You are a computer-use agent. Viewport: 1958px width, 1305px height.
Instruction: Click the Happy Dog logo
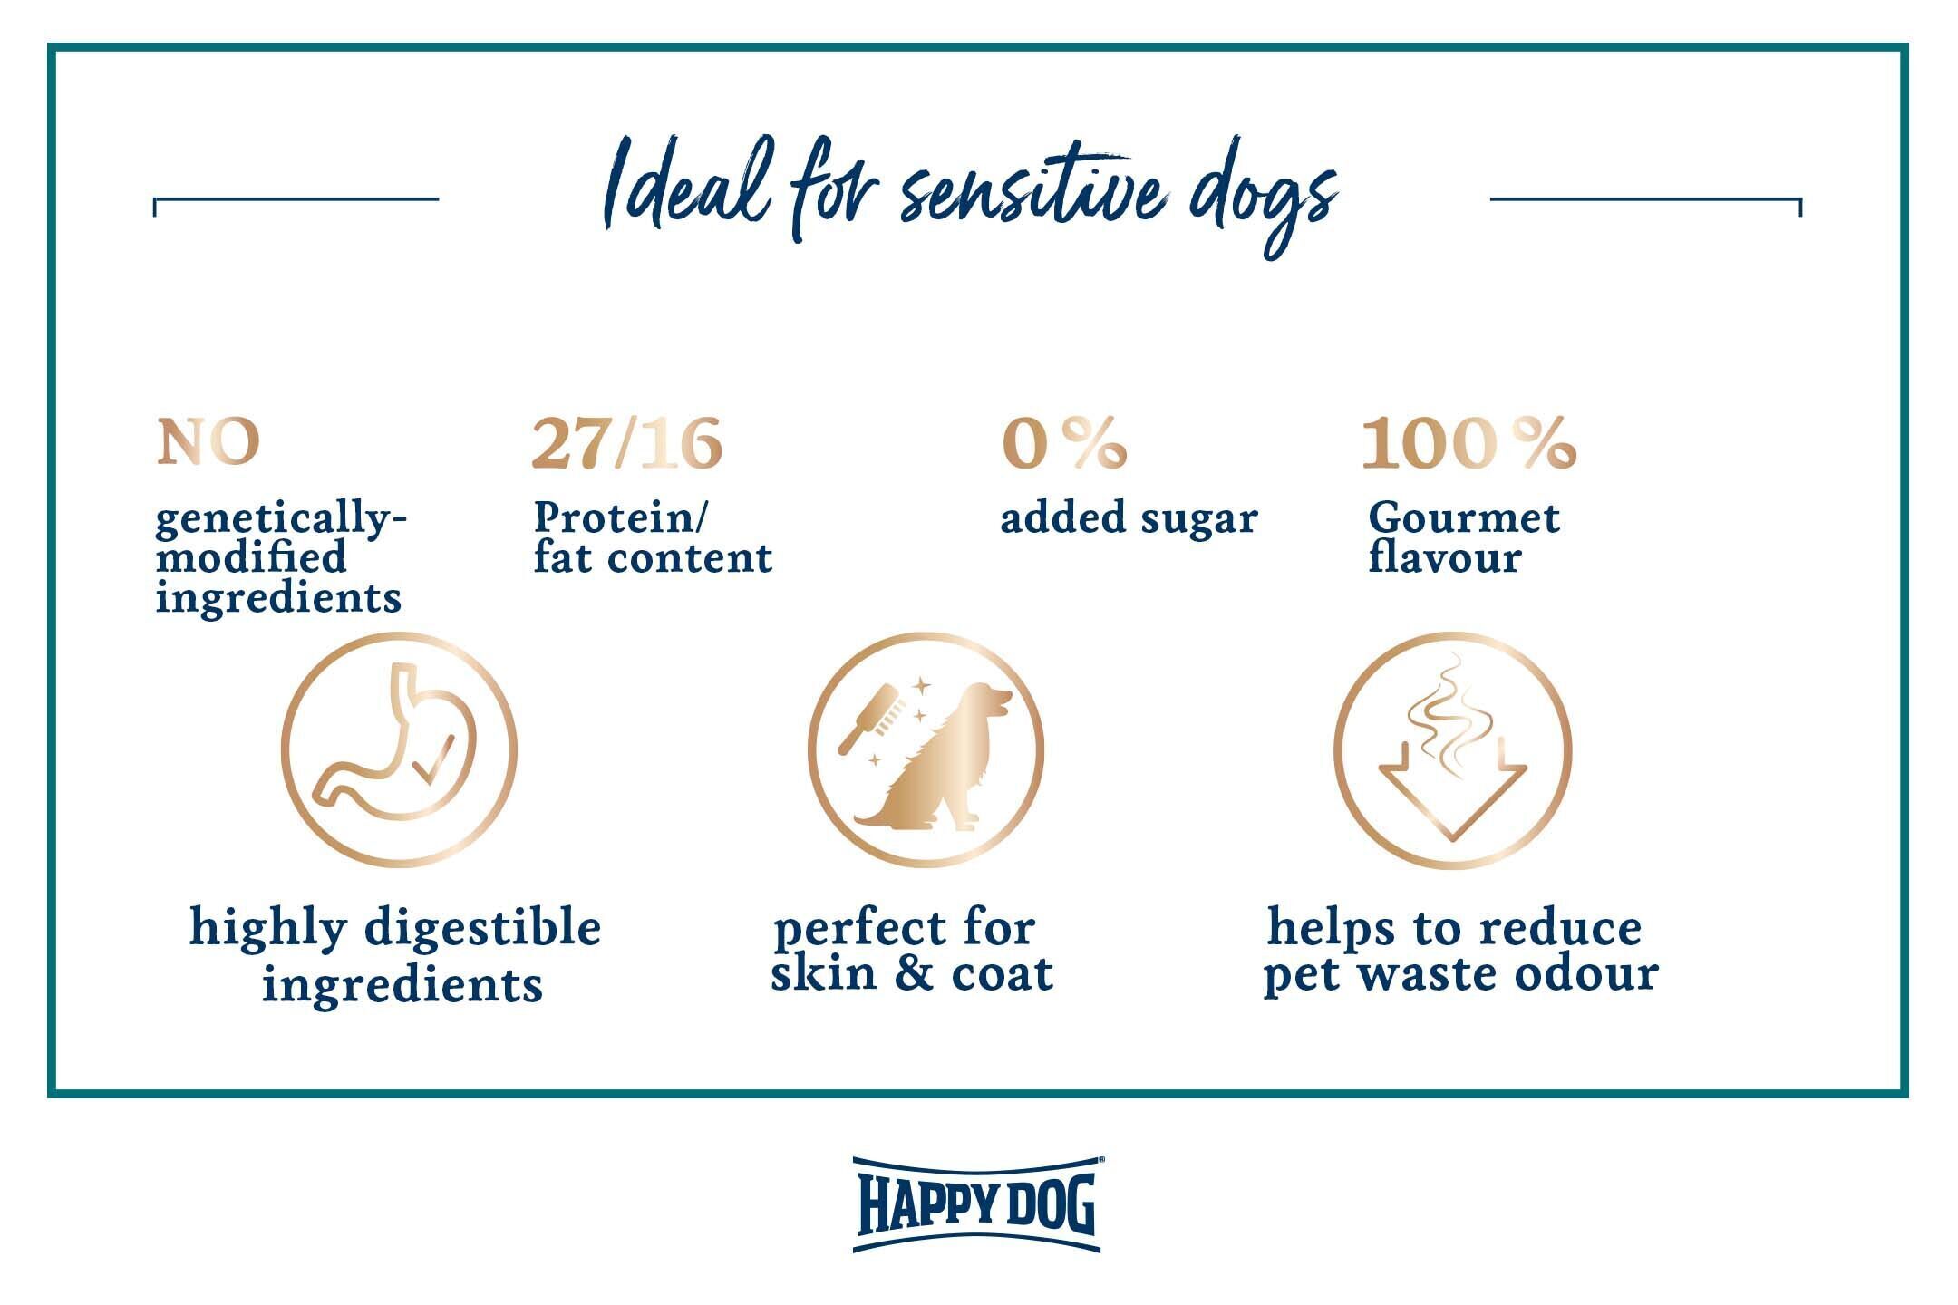977,1203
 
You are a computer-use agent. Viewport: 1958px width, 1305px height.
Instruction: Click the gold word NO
208,442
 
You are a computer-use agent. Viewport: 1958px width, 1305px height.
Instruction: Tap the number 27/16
626,443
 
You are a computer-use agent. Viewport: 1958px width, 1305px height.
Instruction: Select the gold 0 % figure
1064,443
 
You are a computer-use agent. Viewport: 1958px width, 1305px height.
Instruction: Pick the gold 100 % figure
1468,443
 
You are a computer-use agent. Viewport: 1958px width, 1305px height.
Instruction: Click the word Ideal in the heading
688,186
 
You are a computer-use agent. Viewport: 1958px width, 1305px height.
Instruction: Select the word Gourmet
1463,517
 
